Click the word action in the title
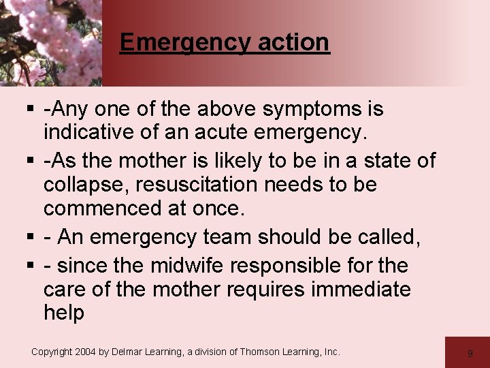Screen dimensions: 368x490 tap(293, 42)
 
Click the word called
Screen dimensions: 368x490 tap(388, 237)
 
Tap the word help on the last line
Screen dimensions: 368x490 tap(64, 313)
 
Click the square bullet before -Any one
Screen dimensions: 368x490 tap(33, 109)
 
